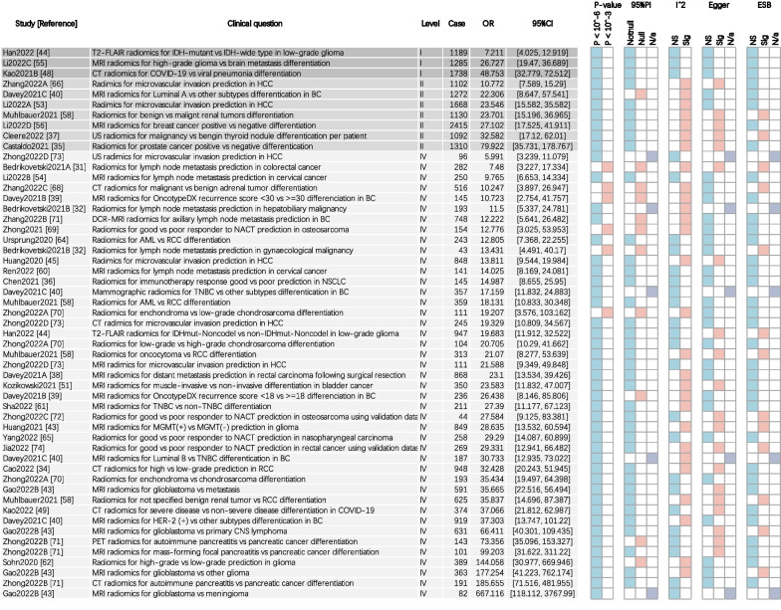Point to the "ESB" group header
(x=762, y=6)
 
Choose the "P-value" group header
(x=606, y=6)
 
